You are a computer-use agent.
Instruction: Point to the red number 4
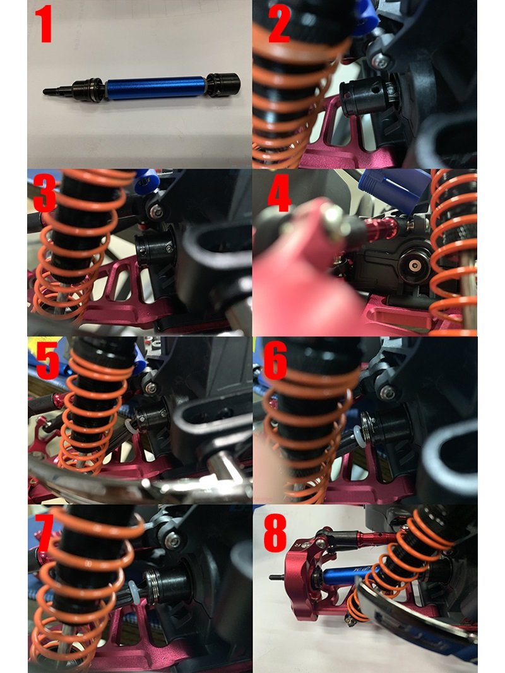(279, 194)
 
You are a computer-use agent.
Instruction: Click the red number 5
(47, 362)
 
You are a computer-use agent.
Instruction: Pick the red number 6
(275, 362)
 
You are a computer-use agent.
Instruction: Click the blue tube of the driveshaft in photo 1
(155, 88)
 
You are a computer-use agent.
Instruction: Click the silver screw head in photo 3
(156, 211)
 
